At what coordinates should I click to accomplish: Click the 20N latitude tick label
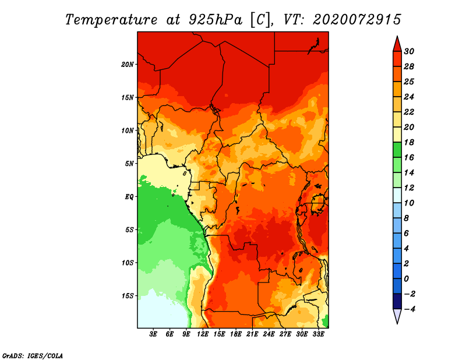click(128, 65)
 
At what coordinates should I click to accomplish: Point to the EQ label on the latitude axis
click(129, 197)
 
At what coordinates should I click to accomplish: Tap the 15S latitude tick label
click(128, 296)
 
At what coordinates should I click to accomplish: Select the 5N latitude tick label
click(129, 164)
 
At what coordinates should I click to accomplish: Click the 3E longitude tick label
click(153, 334)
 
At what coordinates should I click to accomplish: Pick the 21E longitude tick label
click(252, 334)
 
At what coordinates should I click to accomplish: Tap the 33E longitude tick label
click(318, 334)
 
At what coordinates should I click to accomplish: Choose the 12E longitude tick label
click(202, 334)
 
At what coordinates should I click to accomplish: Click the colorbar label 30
click(409, 51)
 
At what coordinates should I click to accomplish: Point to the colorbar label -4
click(409, 309)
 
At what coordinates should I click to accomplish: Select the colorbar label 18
click(409, 142)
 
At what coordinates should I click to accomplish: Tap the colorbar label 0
click(406, 279)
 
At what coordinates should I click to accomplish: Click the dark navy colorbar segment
click(397, 301)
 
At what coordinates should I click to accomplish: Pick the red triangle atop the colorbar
click(397, 45)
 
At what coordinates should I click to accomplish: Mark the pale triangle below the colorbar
click(397, 316)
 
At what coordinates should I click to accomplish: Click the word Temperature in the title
click(111, 20)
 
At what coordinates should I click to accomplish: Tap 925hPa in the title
click(215, 20)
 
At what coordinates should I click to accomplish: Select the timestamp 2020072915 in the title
click(357, 20)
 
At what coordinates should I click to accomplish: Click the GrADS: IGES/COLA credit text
click(33, 356)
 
